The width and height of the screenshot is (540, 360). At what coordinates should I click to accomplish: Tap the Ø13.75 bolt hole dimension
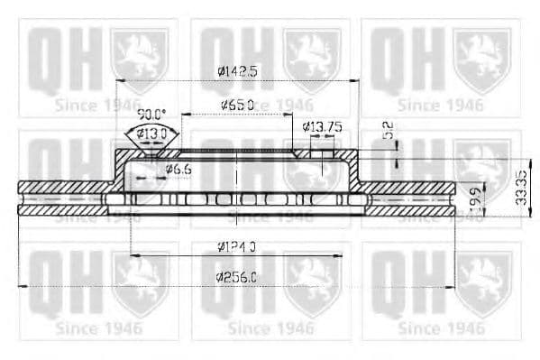coord(323,127)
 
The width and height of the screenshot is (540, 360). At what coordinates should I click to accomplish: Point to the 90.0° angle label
coord(151,115)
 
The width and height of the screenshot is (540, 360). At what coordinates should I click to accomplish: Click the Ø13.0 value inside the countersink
coord(151,134)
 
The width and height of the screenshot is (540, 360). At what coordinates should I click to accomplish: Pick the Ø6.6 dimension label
coord(178,168)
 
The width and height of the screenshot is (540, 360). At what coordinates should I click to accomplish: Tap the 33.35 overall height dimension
coord(520,185)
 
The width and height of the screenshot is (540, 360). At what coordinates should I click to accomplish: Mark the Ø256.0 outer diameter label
coord(238,278)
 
